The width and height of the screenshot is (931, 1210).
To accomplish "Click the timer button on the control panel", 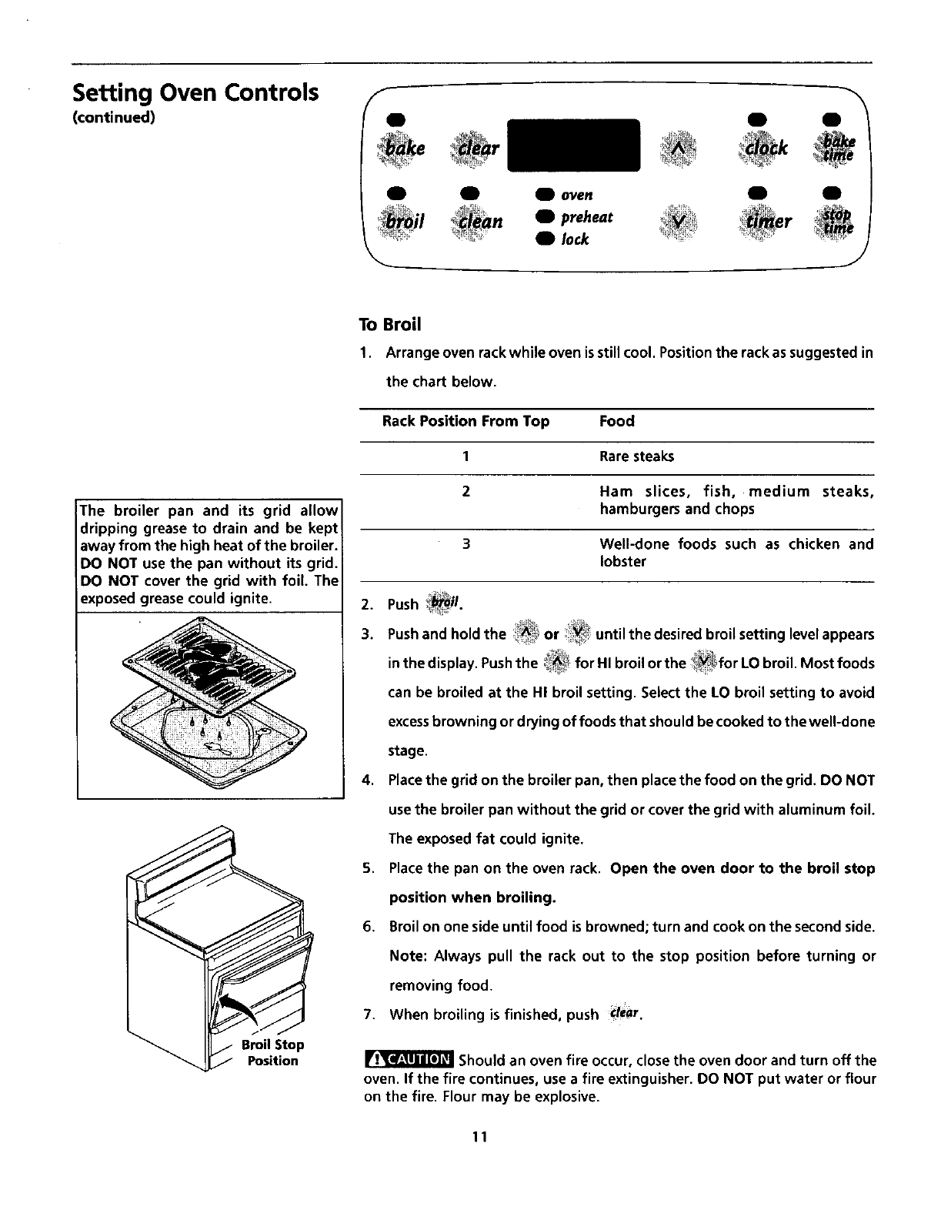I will click(764, 220).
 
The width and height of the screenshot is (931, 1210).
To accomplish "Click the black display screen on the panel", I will click(574, 145).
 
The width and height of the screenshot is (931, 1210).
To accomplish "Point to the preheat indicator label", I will click(586, 217).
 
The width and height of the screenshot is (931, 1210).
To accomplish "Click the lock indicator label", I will click(575, 239).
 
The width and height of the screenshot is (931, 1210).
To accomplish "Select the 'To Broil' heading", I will click(390, 324).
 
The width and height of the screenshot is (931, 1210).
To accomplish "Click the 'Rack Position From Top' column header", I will click(465, 421).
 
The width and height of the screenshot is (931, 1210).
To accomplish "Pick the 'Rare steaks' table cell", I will click(636, 456).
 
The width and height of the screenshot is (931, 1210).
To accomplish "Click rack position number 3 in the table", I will click(466, 544).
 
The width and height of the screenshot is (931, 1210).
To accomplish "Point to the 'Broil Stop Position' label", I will click(272, 1052).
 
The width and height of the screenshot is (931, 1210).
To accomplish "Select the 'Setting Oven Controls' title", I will click(195, 93).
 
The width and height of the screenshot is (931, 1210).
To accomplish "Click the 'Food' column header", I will click(616, 421).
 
